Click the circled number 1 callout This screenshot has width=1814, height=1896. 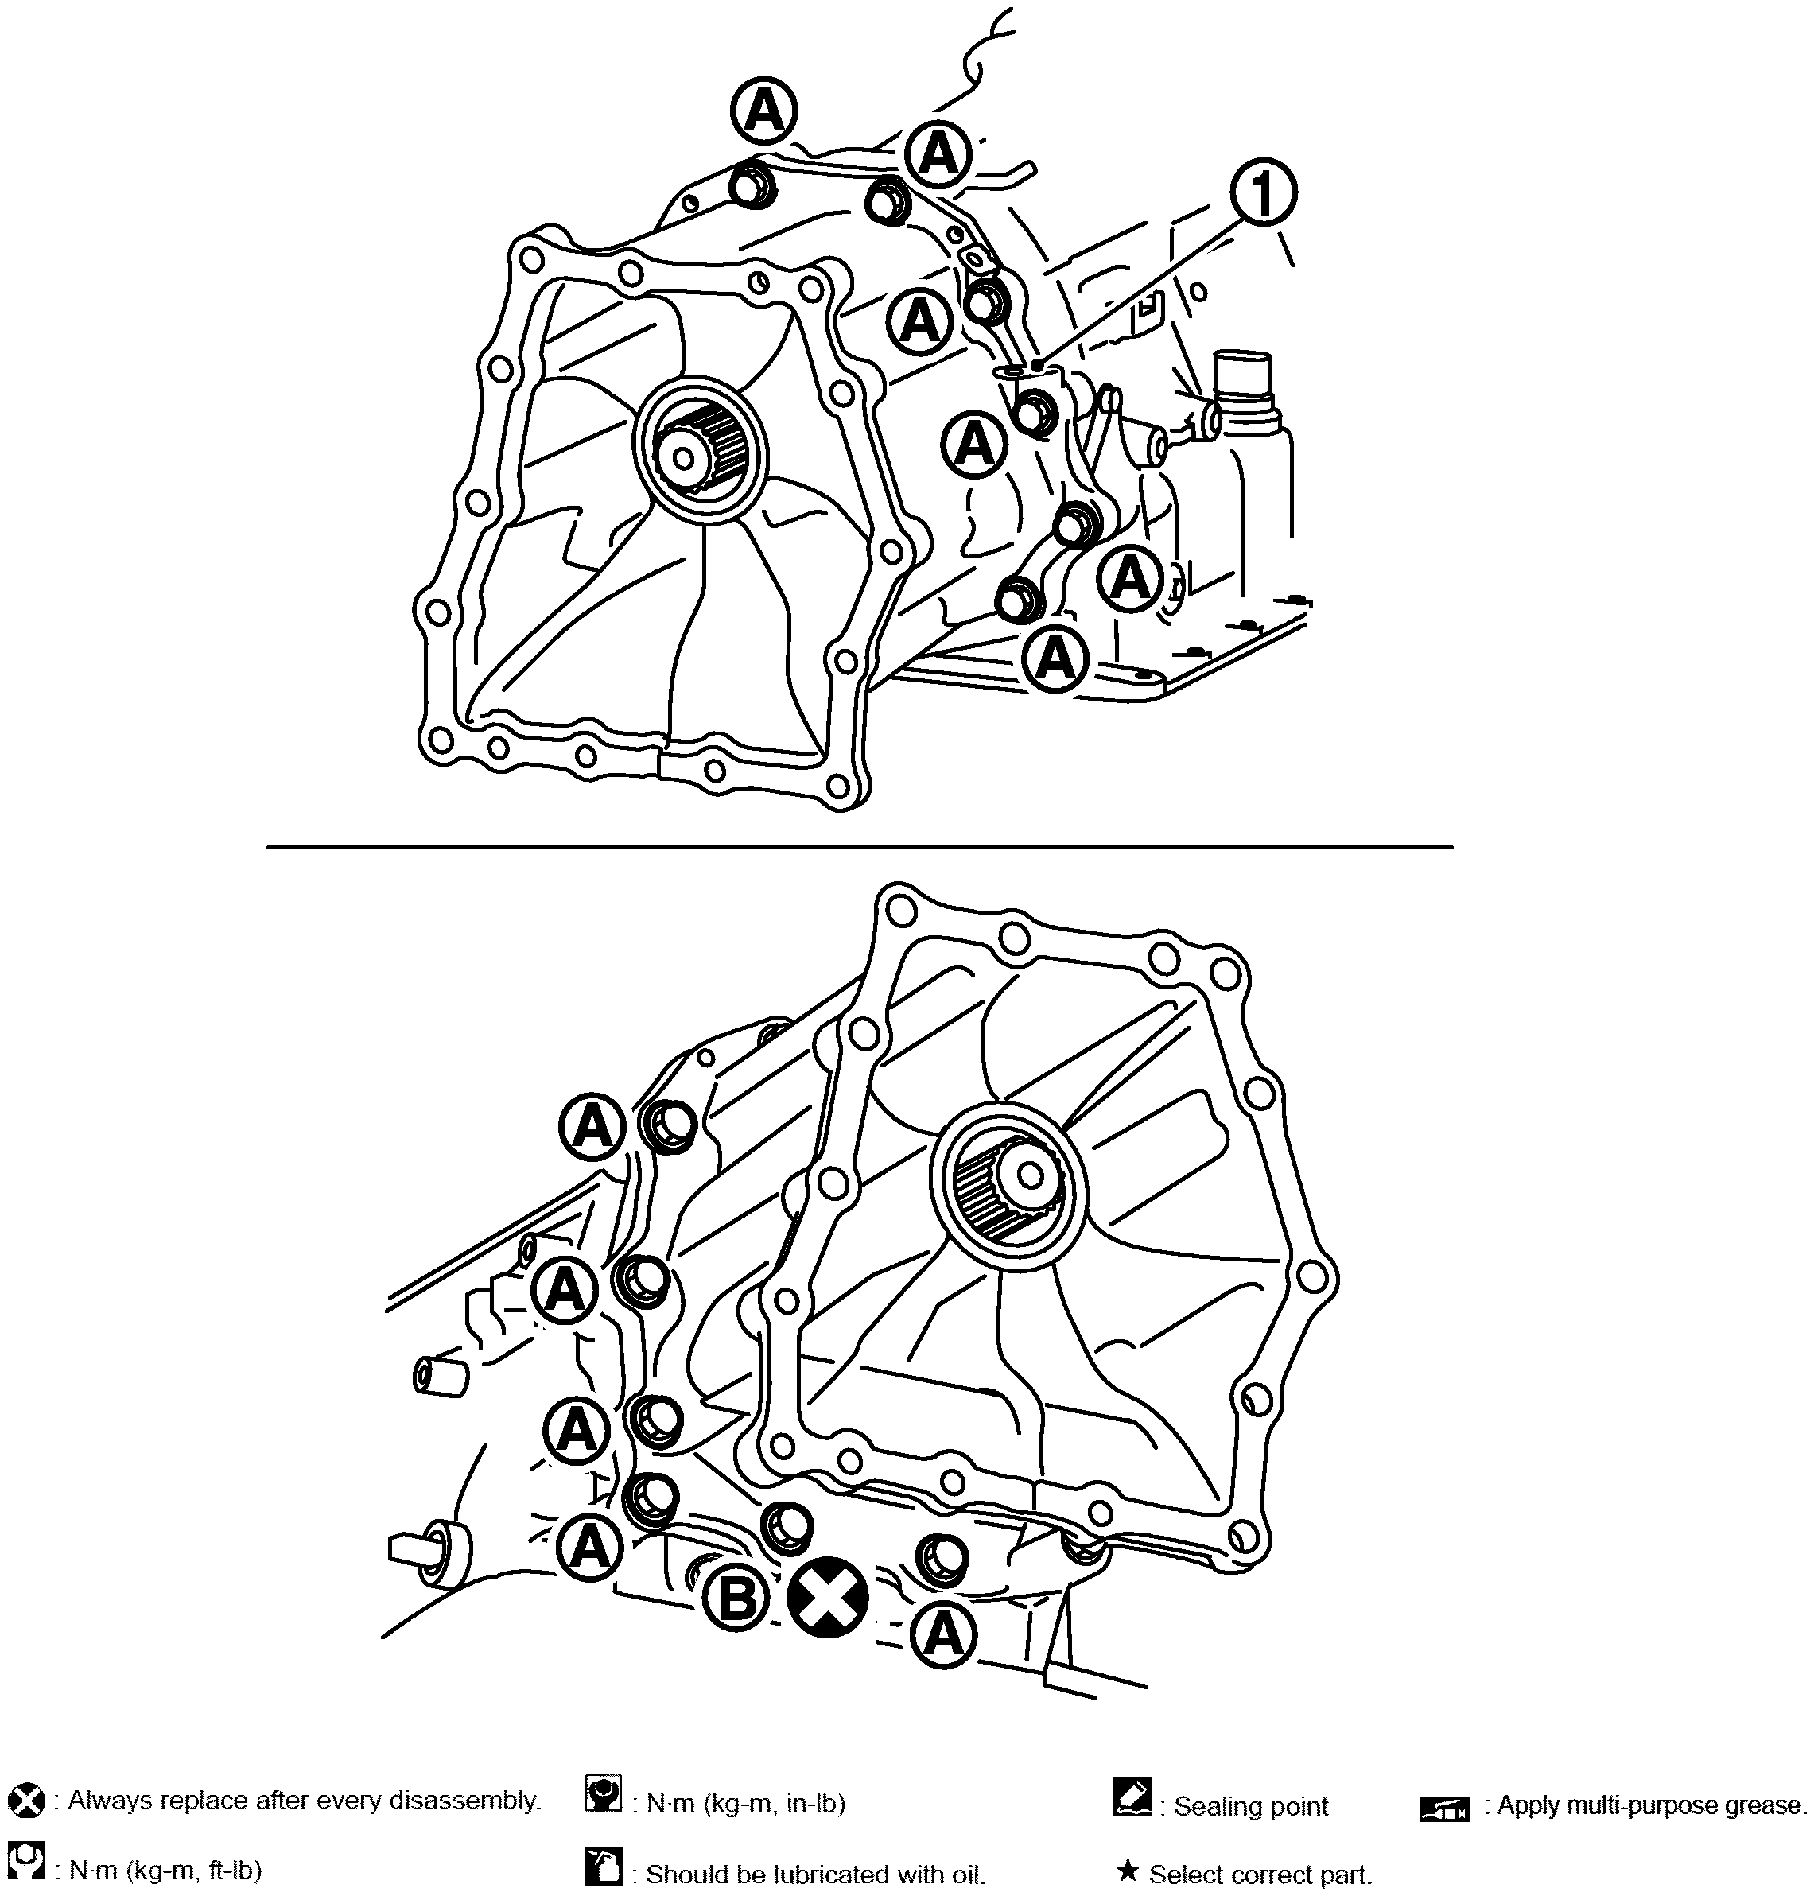(x=1263, y=192)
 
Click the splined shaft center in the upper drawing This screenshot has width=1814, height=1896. (x=686, y=458)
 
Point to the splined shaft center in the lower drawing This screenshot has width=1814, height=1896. (x=1031, y=1175)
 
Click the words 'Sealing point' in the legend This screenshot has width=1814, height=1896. (x=1250, y=1806)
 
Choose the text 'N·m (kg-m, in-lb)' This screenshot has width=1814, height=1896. (x=745, y=1805)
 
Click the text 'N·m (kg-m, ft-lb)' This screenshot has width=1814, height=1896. (x=165, y=1870)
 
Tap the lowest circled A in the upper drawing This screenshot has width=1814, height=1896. (x=1055, y=659)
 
